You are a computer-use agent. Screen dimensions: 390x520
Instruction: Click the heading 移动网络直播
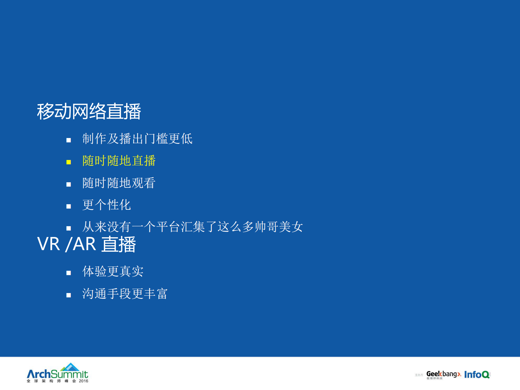pyautogui.click(x=89, y=111)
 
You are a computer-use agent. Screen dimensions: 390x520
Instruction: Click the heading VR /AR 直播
pyautogui.click(x=87, y=244)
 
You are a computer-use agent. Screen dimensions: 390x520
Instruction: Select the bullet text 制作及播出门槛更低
pyautogui.click(x=137, y=139)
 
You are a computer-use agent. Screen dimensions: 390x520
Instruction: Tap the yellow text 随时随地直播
pyautogui.click(x=119, y=161)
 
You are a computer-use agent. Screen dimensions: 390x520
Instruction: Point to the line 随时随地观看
pyautogui.click(x=119, y=183)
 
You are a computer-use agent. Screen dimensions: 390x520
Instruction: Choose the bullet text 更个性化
pyautogui.click(x=106, y=205)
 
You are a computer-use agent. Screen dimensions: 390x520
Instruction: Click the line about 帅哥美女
pyautogui.click(x=193, y=227)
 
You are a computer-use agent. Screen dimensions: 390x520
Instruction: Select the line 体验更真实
pyautogui.click(x=113, y=271)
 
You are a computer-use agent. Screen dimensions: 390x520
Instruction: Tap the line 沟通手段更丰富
pyautogui.click(x=125, y=294)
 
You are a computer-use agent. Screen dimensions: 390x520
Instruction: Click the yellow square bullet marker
pyautogui.click(x=68, y=162)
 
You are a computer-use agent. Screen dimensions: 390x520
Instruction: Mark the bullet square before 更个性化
pyautogui.click(x=68, y=206)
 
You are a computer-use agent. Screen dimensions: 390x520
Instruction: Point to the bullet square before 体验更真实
pyautogui.click(x=68, y=273)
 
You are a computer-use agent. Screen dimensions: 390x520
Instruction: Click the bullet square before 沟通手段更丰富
pyautogui.click(x=68, y=295)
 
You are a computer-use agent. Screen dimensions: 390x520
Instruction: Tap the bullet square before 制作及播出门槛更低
pyautogui.click(x=68, y=140)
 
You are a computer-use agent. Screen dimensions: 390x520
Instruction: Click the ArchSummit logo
pyautogui.click(x=57, y=374)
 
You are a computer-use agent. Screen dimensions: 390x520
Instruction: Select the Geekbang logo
pyautogui.click(x=443, y=374)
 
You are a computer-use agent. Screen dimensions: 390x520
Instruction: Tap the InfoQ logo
pyautogui.click(x=477, y=374)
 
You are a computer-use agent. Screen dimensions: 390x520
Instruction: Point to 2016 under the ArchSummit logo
pyautogui.click(x=84, y=381)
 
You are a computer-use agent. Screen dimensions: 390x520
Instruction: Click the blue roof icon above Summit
pyautogui.click(x=70, y=367)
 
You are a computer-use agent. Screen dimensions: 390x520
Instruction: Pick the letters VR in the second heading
pyautogui.click(x=49, y=244)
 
